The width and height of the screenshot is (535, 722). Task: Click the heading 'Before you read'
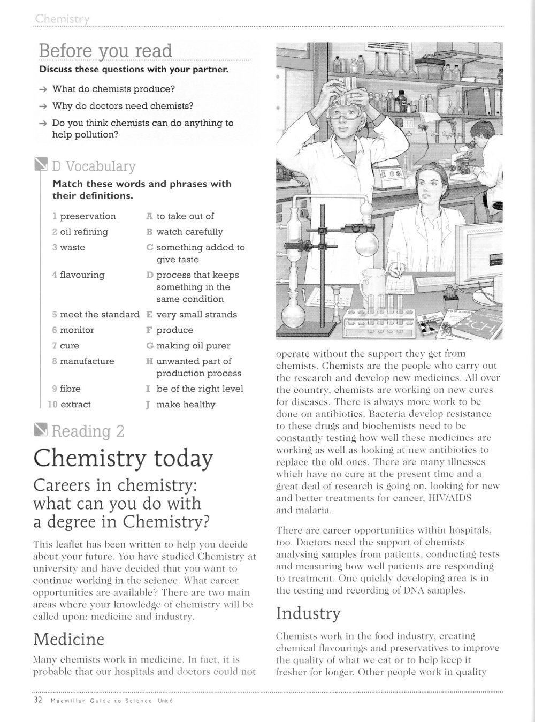[x=105, y=51]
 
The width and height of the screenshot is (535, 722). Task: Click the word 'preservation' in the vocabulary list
[x=88, y=216]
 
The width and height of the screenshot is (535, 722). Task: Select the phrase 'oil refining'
[x=84, y=232]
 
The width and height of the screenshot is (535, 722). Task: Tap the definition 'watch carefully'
[x=189, y=232]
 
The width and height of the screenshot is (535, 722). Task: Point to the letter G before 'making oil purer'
[x=149, y=346]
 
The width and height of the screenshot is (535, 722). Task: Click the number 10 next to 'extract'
[x=52, y=405]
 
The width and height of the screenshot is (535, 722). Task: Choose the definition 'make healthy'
[x=186, y=405]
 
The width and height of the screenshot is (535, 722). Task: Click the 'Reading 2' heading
[x=88, y=431]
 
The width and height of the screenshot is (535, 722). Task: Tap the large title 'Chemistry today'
[x=123, y=459]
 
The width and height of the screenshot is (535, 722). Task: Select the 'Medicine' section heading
[x=68, y=640]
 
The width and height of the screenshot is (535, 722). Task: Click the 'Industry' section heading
[x=308, y=613]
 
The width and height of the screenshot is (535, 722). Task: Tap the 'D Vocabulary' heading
[x=94, y=166]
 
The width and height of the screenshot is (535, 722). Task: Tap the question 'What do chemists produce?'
[x=113, y=89]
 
